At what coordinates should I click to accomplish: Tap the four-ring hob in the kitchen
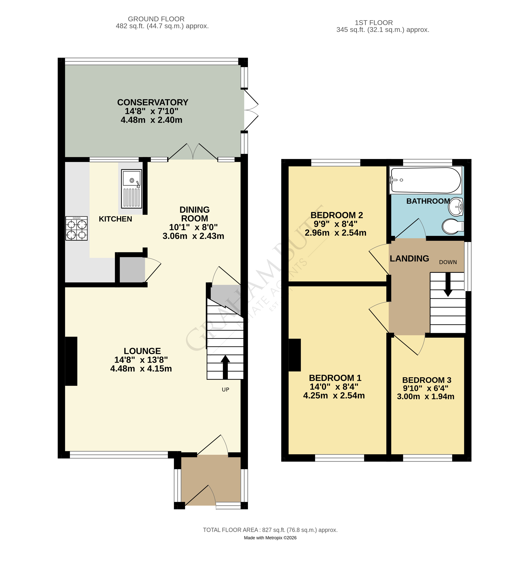tap(76, 228)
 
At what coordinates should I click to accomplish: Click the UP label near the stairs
tap(225, 390)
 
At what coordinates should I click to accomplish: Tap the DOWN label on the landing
tap(448, 262)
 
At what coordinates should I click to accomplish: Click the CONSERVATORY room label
tap(153, 102)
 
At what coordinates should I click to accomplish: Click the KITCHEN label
tap(115, 219)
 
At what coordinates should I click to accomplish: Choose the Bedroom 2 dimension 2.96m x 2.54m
tap(335, 233)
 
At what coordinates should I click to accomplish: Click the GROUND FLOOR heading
tap(156, 19)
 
